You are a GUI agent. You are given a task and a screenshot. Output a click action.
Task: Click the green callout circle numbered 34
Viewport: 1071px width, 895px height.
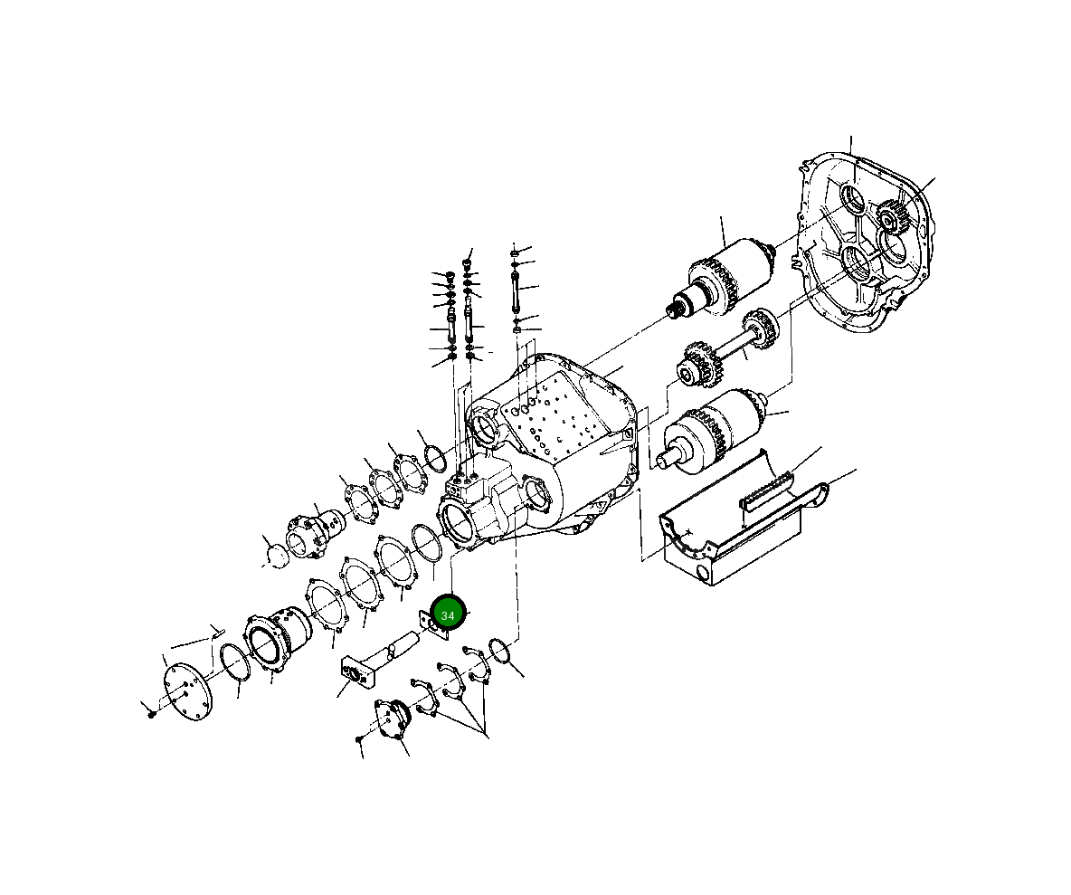pyautogui.click(x=447, y=614)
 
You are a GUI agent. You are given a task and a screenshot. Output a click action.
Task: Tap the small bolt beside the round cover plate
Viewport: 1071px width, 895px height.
pyautogui.click(x=151, y=713)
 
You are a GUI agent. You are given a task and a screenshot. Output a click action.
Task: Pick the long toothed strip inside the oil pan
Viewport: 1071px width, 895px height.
pyautogui.click(x=767, y=489)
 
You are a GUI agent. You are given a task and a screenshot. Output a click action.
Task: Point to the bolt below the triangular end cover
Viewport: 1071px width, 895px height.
pyautogui.click(x=360, y=740)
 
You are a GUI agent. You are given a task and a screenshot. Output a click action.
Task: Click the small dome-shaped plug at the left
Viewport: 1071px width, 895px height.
pyautogui.click(x=274, y=550)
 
